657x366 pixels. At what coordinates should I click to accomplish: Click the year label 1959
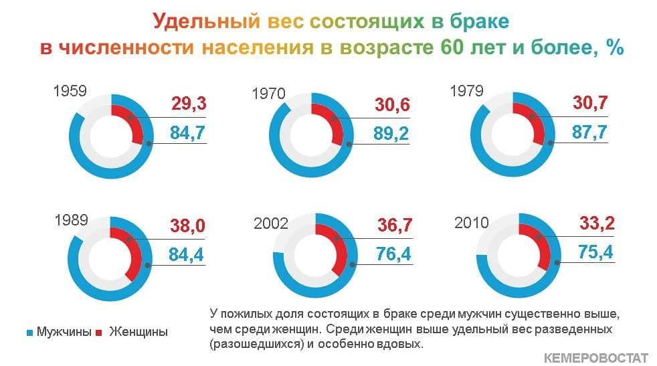tap(70, 90)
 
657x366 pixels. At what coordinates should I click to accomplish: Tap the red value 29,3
tap(189, 103)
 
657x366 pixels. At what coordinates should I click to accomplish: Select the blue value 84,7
tap(187, 132)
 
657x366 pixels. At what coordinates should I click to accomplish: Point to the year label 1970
tap(268, 94)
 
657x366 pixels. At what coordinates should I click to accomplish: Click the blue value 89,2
tap(391, 133)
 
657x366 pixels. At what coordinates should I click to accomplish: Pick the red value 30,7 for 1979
tap(590, 102)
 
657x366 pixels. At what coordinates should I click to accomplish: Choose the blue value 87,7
tap(589, 132)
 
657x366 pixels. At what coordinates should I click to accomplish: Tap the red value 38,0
tap(188, 225)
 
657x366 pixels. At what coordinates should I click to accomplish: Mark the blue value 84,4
tap(186, 254)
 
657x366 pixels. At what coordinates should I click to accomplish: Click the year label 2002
tap(271, 223)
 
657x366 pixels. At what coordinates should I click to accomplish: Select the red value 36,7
tap(395, 225)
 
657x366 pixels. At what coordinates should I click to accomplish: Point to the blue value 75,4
tap(595, 252)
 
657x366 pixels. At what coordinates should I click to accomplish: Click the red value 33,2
tap(597, 223)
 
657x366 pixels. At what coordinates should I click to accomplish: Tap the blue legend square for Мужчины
tap(29, 333)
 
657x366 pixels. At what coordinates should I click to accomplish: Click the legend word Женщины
tap(138, 332)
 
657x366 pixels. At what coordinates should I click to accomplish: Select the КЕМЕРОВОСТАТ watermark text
tap(596, 358)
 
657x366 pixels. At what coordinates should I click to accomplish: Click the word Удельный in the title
tap(206, 21)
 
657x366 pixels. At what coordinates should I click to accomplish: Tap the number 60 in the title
tap(452, 47)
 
